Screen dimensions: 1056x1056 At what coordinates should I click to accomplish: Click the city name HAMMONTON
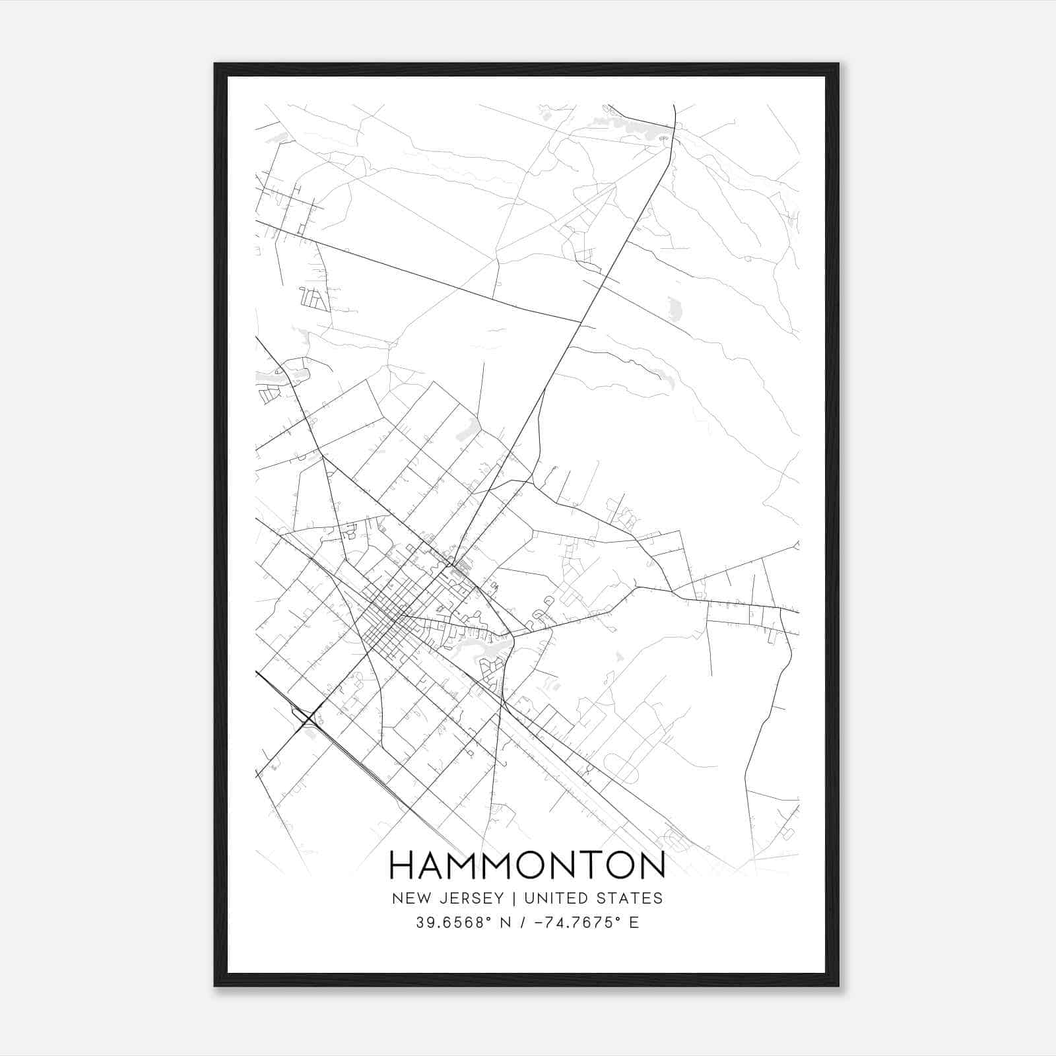coord(527,865)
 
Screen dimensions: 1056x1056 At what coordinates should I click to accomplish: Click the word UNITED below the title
coord(553,898)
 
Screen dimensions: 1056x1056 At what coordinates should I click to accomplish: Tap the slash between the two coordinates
coord(522,923)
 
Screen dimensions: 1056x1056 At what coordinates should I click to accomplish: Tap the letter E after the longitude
coord(634,923)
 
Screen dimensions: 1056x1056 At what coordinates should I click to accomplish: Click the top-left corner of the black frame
coord(215,64)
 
